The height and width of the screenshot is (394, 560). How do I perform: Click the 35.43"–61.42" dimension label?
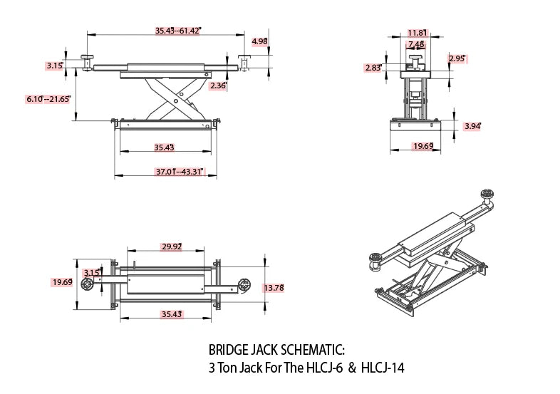click(x=179, y=31)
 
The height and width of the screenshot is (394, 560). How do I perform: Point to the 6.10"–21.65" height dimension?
click(x=48, y=98)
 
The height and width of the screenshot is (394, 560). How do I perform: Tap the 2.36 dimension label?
click(x=218, y=85)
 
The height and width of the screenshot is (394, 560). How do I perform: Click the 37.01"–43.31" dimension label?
click(x=180, y=172)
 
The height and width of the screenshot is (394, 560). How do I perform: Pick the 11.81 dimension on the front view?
click(x=418, y=33)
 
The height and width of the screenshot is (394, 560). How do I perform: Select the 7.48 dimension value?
click(x=416, y=44)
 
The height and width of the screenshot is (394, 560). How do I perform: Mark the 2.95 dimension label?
click(x=457, y=58)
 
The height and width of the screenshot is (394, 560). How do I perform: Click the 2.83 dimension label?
click(x=373, y=68)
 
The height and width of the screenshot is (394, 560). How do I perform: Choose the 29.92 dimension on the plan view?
click(x=172, y=247)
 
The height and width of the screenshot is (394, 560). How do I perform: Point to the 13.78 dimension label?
click(x=274, y=288)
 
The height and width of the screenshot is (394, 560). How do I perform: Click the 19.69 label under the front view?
click(x=423, y=146)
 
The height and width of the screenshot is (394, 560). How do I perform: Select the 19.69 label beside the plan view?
click(x=62, y=282)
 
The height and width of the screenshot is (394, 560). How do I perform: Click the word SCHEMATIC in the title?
click(x=309, y=351)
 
